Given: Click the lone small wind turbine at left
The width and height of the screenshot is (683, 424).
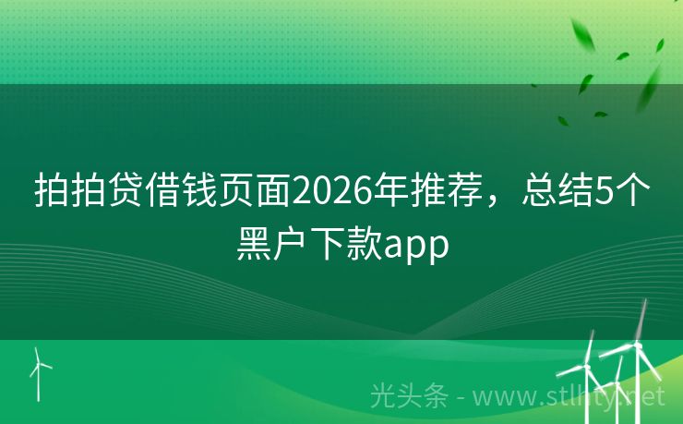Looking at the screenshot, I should (x=39, y=369).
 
